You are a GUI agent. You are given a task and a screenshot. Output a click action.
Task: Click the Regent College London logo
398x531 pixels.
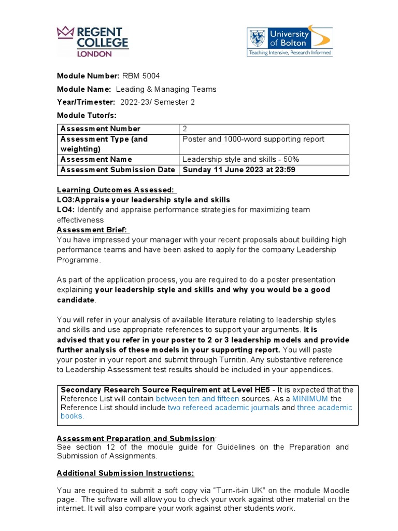point(93,41)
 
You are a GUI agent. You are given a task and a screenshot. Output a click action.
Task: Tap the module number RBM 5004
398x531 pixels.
point(137,76)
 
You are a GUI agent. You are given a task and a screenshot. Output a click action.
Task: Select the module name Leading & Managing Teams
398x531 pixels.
point(166,89)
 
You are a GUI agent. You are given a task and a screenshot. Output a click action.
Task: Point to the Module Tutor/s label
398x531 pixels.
point(87,115)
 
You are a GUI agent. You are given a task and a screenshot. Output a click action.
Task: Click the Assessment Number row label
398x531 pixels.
point(101,129)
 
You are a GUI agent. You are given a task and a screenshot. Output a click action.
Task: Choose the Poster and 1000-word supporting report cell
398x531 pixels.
point(253,139)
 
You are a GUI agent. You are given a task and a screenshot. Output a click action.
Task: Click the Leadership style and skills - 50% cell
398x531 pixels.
point(240,159)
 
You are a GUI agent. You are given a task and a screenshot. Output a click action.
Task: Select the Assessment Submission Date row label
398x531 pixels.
point(118,170)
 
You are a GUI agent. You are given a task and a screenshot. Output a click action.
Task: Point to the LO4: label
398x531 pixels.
point(66,209)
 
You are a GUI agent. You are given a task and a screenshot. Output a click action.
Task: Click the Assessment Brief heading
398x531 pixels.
point(93,230)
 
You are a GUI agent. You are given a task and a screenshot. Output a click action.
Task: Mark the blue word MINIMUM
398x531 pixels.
point(310,398)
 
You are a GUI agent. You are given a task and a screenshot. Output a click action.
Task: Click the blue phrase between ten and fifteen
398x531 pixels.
point(197,398)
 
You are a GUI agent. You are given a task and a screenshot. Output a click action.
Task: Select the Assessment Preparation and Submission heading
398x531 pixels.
point(136,438)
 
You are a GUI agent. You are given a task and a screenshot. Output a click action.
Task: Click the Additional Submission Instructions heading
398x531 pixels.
point(125,473)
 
